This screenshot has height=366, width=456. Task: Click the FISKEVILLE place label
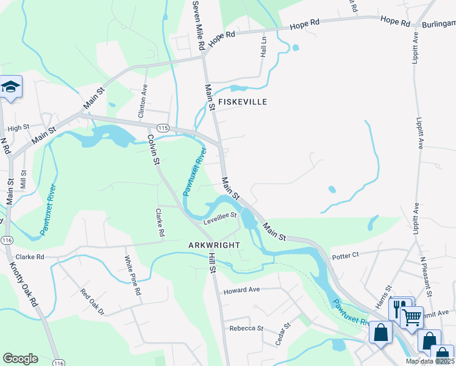243,102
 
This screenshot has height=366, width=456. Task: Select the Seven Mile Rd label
197,24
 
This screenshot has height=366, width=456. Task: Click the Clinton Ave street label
143,102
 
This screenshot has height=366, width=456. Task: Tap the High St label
18,127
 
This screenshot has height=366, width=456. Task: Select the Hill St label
213,263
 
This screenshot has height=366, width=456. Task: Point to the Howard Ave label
241,290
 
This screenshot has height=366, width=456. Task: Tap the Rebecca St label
246,328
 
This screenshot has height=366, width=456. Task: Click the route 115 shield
162,127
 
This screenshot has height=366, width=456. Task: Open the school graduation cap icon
10,87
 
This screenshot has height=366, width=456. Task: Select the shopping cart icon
412,316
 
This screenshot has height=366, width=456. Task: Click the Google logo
20,359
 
